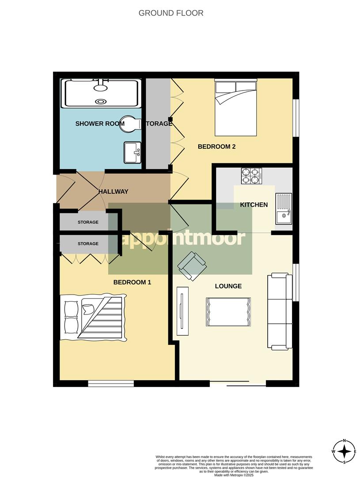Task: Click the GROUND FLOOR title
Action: click(x=171, y=13)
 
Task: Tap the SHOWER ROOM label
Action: click(x=100, y=124)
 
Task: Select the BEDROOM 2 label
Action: click(x=216, y=147)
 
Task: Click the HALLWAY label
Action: click(x=114, y=192)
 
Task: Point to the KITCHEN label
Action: click(x=254, y=204)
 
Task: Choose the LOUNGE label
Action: click(x=228, y=286)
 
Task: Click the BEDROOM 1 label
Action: click(x=133, y=282)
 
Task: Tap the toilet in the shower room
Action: click(x=132, y=123)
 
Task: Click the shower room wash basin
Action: click(x=133, y=152)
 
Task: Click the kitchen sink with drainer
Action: click(x=284, y=208)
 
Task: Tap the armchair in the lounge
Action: click(x=192, y=265)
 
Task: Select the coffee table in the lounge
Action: click(x=228, y=312)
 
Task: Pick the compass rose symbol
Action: click(x=344, y=451)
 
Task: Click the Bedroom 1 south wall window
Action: click(x=111, y=383)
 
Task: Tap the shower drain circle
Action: click(x=102, y=101)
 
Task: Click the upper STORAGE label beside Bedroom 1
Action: click(x=88, y=222)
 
